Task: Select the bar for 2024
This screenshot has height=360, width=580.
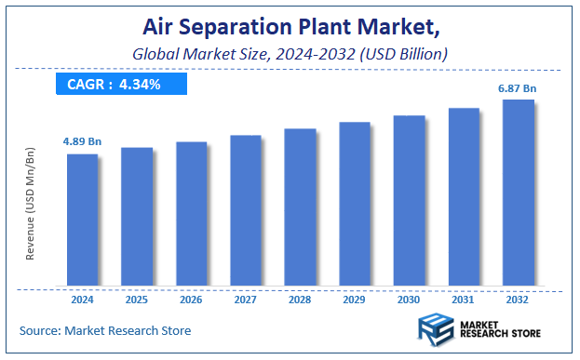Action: (82, 220)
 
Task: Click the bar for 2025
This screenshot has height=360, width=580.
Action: (136, 216)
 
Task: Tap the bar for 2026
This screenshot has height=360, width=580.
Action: (191, 213)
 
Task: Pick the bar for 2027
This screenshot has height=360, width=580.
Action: (246, 210)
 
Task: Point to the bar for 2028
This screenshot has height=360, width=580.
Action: (300, 207)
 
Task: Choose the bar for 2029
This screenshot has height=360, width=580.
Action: (355, 203)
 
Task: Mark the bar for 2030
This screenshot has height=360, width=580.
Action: (409, 200)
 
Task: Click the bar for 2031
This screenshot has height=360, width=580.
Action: (464, 196)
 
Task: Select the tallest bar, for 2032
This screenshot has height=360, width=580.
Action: (519, 193)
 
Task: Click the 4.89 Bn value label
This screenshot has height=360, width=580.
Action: (82, 140)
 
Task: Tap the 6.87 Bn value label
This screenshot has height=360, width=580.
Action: (518, 87)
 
